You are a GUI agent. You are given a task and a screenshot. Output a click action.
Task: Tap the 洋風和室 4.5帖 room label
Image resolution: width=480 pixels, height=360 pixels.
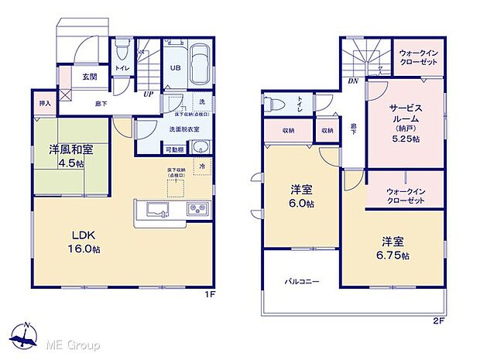pos(63,156)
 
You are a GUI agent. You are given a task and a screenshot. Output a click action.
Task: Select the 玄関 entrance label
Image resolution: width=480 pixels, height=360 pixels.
pos(88,77)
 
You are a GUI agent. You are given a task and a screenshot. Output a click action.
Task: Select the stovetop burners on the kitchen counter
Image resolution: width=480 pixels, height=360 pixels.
pos(195,208)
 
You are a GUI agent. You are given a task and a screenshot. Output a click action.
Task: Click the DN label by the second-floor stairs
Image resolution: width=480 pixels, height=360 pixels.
pos(352,81)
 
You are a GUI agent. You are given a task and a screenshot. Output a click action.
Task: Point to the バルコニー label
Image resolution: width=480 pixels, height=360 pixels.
pos(300,282)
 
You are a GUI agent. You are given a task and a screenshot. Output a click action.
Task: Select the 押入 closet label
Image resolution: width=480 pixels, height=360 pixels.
pos(45,102)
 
